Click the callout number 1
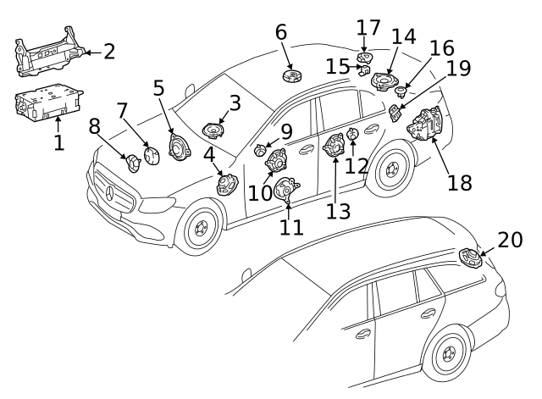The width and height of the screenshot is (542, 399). click(x=58, y=143)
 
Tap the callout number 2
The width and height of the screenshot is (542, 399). click(x=108, y=53)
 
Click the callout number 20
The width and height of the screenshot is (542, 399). click(x=511, y=241)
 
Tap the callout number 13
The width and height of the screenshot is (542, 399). click(x=338, y=211)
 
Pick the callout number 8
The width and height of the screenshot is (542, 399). click(x=94, y=125)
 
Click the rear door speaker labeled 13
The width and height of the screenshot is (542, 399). click(x=334, y=148)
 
